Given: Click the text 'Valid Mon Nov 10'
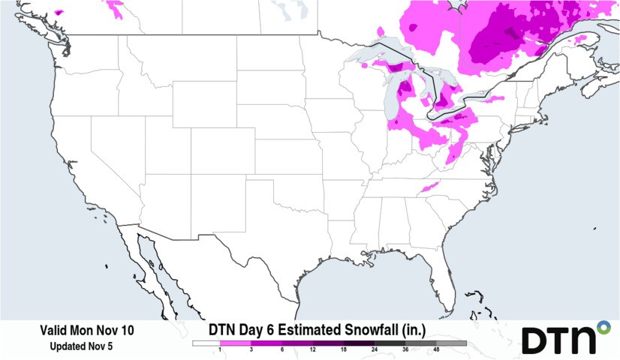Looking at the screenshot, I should pos(87,330).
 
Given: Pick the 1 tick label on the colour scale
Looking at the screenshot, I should pos(221,350).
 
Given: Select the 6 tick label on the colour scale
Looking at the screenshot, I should pos(282,350).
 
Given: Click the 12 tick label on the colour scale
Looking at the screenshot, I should pos(313,350).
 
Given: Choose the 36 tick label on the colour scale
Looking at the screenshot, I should pos(405,350).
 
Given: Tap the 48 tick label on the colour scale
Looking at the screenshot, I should pos(436,350).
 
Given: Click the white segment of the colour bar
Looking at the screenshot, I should pos(206,343).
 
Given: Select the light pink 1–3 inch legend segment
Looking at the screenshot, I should pos(236,343).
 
